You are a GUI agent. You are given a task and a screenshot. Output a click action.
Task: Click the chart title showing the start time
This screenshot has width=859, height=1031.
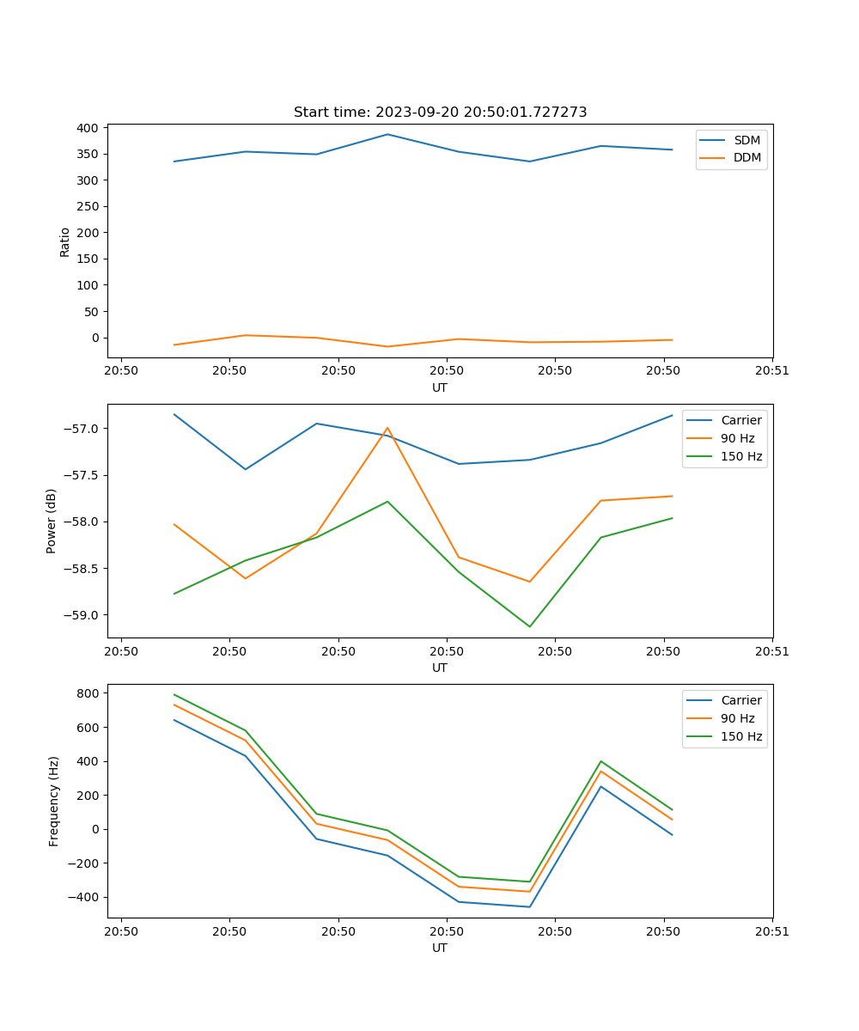[x=440, y=113]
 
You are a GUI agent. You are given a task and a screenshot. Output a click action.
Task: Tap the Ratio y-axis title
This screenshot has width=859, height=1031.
[x=65, y=241]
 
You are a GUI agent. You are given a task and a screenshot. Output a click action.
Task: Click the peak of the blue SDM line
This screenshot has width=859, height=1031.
[x=387, y=134]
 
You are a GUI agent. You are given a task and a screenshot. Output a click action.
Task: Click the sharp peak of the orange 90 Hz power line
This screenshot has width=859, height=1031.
[x=387, y=427]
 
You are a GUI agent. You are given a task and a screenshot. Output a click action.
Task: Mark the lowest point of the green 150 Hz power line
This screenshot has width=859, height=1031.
[x=529, y=626]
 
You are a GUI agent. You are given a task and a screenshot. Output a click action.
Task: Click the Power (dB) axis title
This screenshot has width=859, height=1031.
[x=52, y=521]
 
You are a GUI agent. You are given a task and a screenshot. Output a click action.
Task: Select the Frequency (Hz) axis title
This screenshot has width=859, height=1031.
[x=54, y=801]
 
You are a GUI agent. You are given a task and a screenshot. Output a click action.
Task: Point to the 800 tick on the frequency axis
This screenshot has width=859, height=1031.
[x=89, y=692]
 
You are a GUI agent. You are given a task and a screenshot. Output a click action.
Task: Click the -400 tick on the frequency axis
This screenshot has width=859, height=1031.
[x=86, y=897]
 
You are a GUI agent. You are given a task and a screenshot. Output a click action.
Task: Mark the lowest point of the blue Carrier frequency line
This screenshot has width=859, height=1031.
[x=529, y=907]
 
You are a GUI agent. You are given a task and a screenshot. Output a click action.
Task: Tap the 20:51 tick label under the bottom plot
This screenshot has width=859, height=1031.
[x=771, y=931]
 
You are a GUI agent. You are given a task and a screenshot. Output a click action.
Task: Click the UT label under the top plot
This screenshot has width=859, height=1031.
[x=440, y=387]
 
